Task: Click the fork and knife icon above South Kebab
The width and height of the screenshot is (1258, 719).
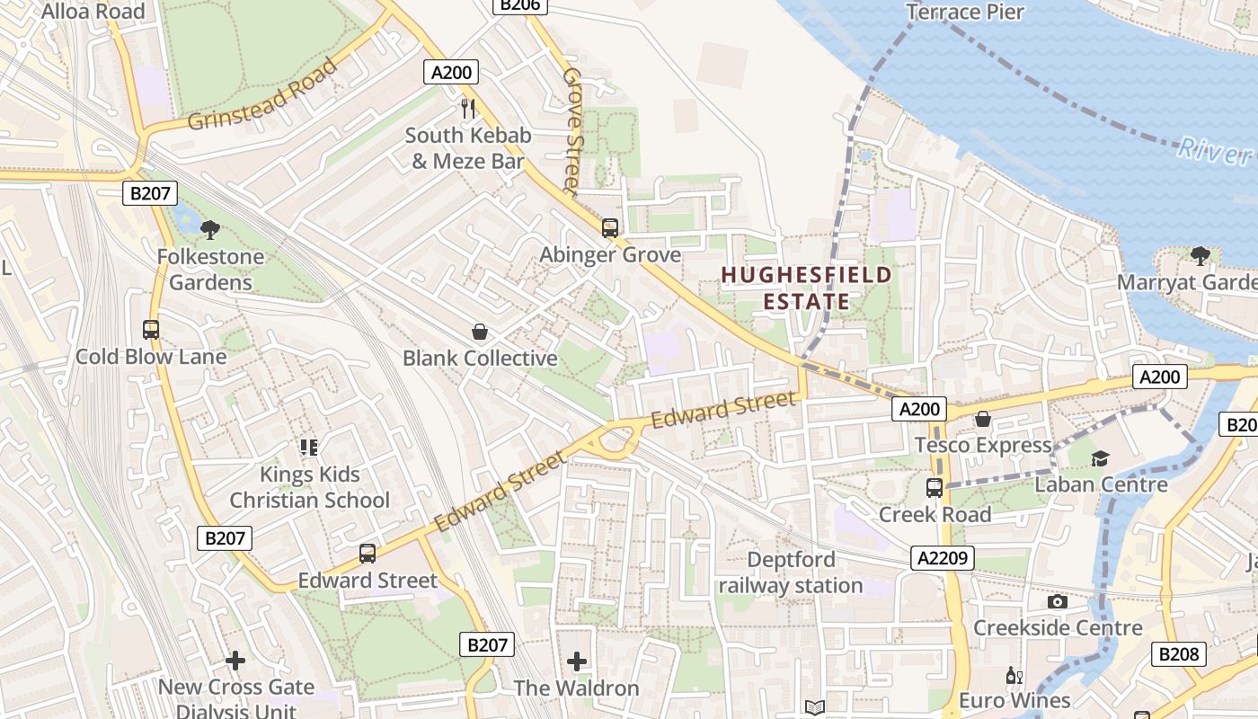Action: tap(467, 109)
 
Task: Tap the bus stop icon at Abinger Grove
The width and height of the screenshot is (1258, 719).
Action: tap(610, 228)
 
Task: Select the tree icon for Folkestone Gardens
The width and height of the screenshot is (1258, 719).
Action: tap(210, 230)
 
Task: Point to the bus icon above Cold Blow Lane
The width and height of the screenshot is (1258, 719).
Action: tap(151, 330)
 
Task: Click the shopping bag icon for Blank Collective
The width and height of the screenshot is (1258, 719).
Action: tap(480, 332)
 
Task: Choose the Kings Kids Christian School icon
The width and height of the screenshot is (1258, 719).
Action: tap(310, 447)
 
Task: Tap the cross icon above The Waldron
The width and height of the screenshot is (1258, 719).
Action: tap(577, 662)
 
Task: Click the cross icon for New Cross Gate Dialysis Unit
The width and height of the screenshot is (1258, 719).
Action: tap(235, 661)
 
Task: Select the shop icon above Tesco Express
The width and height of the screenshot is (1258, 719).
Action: tap(983, 419)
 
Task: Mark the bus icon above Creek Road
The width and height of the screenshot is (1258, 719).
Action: tap(935, 488)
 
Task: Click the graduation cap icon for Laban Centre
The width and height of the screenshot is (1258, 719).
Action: tap(1101, 458)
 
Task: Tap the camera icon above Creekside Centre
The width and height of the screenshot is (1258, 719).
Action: tap(1058, 601)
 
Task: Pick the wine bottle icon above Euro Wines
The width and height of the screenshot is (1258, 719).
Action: tap(1014, 675)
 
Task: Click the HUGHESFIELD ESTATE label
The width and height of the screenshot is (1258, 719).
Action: tap(807, 288)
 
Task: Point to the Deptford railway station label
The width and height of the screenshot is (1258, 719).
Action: tap(791, 573)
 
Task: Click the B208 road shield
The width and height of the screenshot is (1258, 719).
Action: tap(1179, 653)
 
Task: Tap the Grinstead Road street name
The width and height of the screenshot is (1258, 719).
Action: tap(264, 94)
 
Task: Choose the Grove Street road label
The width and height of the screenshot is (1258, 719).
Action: tap(572, 130)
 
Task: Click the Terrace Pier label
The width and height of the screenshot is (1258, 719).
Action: tap(965, 12)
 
